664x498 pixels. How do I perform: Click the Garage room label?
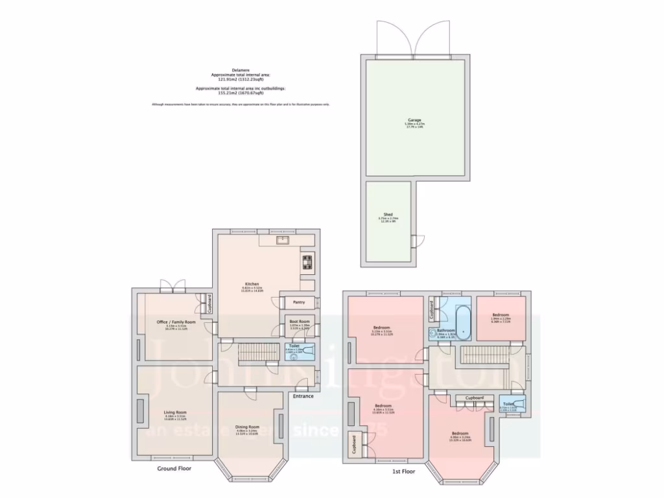pyautogui.click(x=414, y=120)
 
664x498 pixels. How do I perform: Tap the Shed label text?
pyautogui.click(x=388, y=215)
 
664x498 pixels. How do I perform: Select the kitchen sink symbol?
pyautogui.click(x=283, y=241)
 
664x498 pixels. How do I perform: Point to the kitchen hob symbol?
pyautogui.click(x=307, y=263)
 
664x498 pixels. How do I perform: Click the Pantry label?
pyautogui.click(x=299, y=302)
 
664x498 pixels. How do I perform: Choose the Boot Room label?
pyautogui.click(x=300, y=321)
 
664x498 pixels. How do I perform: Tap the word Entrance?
pyautogui.click(x=303, y=396)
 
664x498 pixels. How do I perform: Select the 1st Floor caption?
pyautogui.click(x=403, y=471)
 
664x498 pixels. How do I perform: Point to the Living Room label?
pyautogui.click(x=175, y=412)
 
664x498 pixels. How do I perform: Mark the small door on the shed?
pyautogui.click(x=416, y=241)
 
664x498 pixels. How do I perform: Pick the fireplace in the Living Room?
pyautogui.click(x=141, y=412)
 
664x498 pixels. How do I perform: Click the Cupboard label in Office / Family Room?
pyautogui.click(x=209, y=303)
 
